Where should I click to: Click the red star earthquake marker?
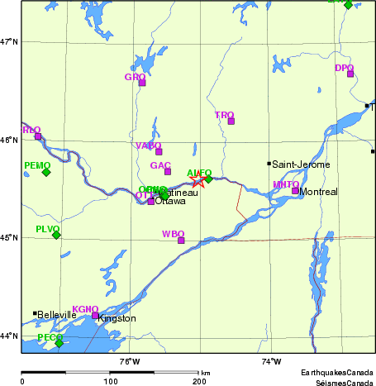pyautogui.click(x=198, y=181)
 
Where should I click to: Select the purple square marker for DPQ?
pyautogui.click(x=350, y=74)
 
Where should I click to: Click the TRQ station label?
pyautogui.click(x=224, y=116)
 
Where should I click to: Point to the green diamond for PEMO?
pyautogui.click(x=46, y=172)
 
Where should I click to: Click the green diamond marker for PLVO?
pyautogui.click(x=56, y=235)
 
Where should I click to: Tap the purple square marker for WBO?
pyautogui.click(x=181, y=240)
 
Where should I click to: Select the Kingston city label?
pyautogui.click(x=117, y=318)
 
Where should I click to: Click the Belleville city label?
pyautogui.click(x=57, y=314)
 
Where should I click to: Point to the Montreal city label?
pyautogui.click(x=319, y=192)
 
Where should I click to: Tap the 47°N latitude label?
pyautogui.click(x=9, y=41)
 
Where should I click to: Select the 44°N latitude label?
pyautogui.click(x=9, y=336)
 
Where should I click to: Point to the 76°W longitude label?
pyautogui.click(x=129, y=361)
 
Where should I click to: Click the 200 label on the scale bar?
pyautogui.click(x=199, y=382)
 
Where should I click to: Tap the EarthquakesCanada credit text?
pyautogui.click(x=336, y=374)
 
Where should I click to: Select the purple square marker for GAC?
pyautogui.click(x=167, y=171)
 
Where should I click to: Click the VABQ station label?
pyautogui.click(x=148, y=145)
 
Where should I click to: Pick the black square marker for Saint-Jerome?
pyautogui.click(x=269, y=164)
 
